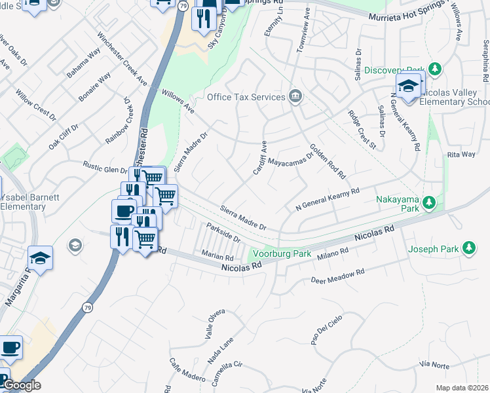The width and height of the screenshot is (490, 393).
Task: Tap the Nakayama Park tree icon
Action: pyautogui.click(x=429, y=202)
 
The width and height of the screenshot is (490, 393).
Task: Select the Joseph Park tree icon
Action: pyautogui.click(x=468, y=248)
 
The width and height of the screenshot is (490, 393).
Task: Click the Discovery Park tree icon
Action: pyautogui.click(x=434, y=69)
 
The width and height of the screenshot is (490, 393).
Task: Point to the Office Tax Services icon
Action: pyautogui.click(x=295, y=97)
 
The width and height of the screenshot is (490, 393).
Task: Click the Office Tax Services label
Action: pyautogui.click(x=246, y=97)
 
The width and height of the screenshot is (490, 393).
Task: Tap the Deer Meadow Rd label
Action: pyautogui.click(x=336, y=276)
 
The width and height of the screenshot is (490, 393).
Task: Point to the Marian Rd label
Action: pyautogui.click(x=218, y=257)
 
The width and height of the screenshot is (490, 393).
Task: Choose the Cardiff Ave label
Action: pyautogui.click(x=260, y=157)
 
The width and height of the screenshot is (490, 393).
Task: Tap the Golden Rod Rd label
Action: pyautogui.click(x=327, y=162)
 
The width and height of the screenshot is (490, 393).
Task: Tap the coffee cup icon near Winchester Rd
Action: pyautogui.click(x=124, y=211)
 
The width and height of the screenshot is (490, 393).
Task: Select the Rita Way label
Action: pyautogui.click(x=461, y=155)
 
